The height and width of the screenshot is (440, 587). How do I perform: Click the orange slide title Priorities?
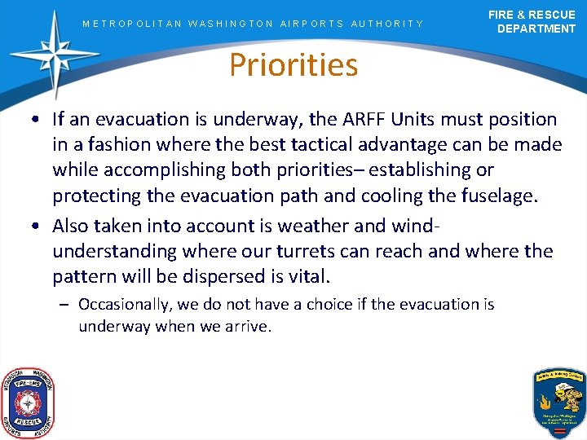coord(293,64)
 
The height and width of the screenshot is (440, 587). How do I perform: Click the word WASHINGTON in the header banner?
coord(231,24)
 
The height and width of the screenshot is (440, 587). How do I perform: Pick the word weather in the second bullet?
coord(329,225)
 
